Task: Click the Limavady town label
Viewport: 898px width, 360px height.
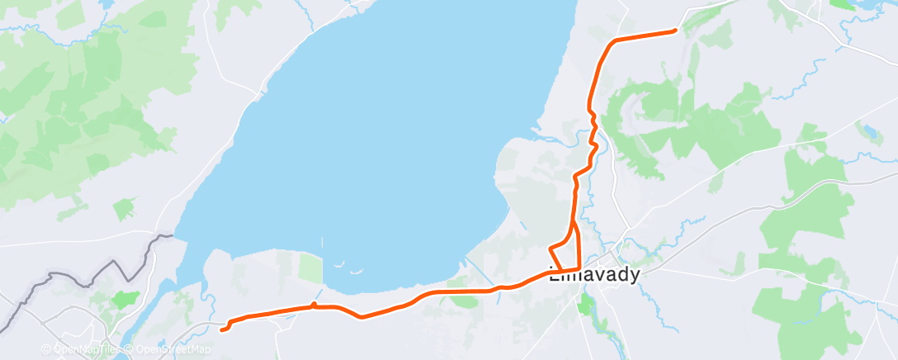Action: coord(595,276)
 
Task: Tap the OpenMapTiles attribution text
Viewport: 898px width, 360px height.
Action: coord(81,349)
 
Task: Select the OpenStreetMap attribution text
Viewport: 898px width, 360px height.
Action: coord(173,349)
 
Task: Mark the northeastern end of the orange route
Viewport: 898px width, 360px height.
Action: coord(675,31)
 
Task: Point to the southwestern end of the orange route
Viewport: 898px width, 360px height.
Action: coord(222,330)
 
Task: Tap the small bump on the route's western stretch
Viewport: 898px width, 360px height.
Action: coord(314,306)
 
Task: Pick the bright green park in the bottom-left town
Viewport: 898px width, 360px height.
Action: coord(125,299)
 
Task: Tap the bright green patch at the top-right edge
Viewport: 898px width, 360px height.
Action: coord(843,4)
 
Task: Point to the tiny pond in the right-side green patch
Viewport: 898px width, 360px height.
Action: coord(869,130)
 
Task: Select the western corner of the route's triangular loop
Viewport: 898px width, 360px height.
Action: coord(551,249)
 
